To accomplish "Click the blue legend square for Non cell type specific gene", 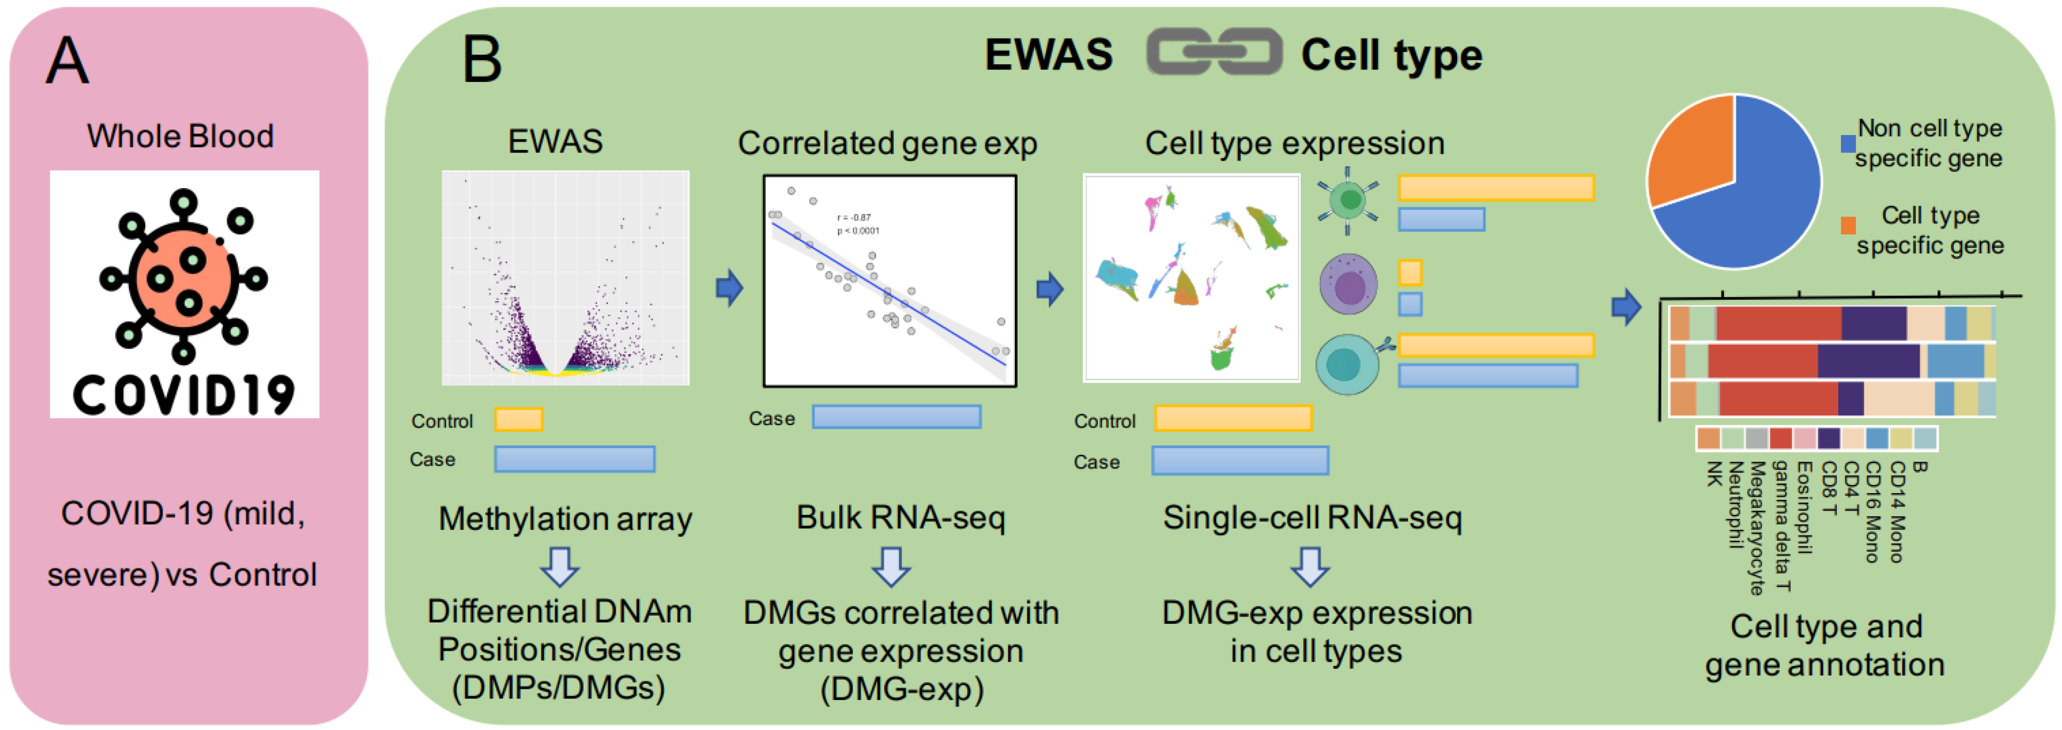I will [1847, 144].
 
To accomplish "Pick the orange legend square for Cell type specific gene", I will [1847, 226].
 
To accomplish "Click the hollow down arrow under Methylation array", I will [560, 567].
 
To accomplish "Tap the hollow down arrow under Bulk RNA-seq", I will [891, 567].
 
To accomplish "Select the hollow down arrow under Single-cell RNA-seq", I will [1311, 567].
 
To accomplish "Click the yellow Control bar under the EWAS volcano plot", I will [519, 419].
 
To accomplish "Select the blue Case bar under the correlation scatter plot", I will [897, 417].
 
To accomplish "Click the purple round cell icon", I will [1348, 284].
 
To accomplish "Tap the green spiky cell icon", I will [1348, 200].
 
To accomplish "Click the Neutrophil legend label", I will [1734, 504].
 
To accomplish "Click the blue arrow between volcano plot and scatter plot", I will [728, 288].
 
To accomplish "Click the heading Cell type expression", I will [1294, 143].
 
